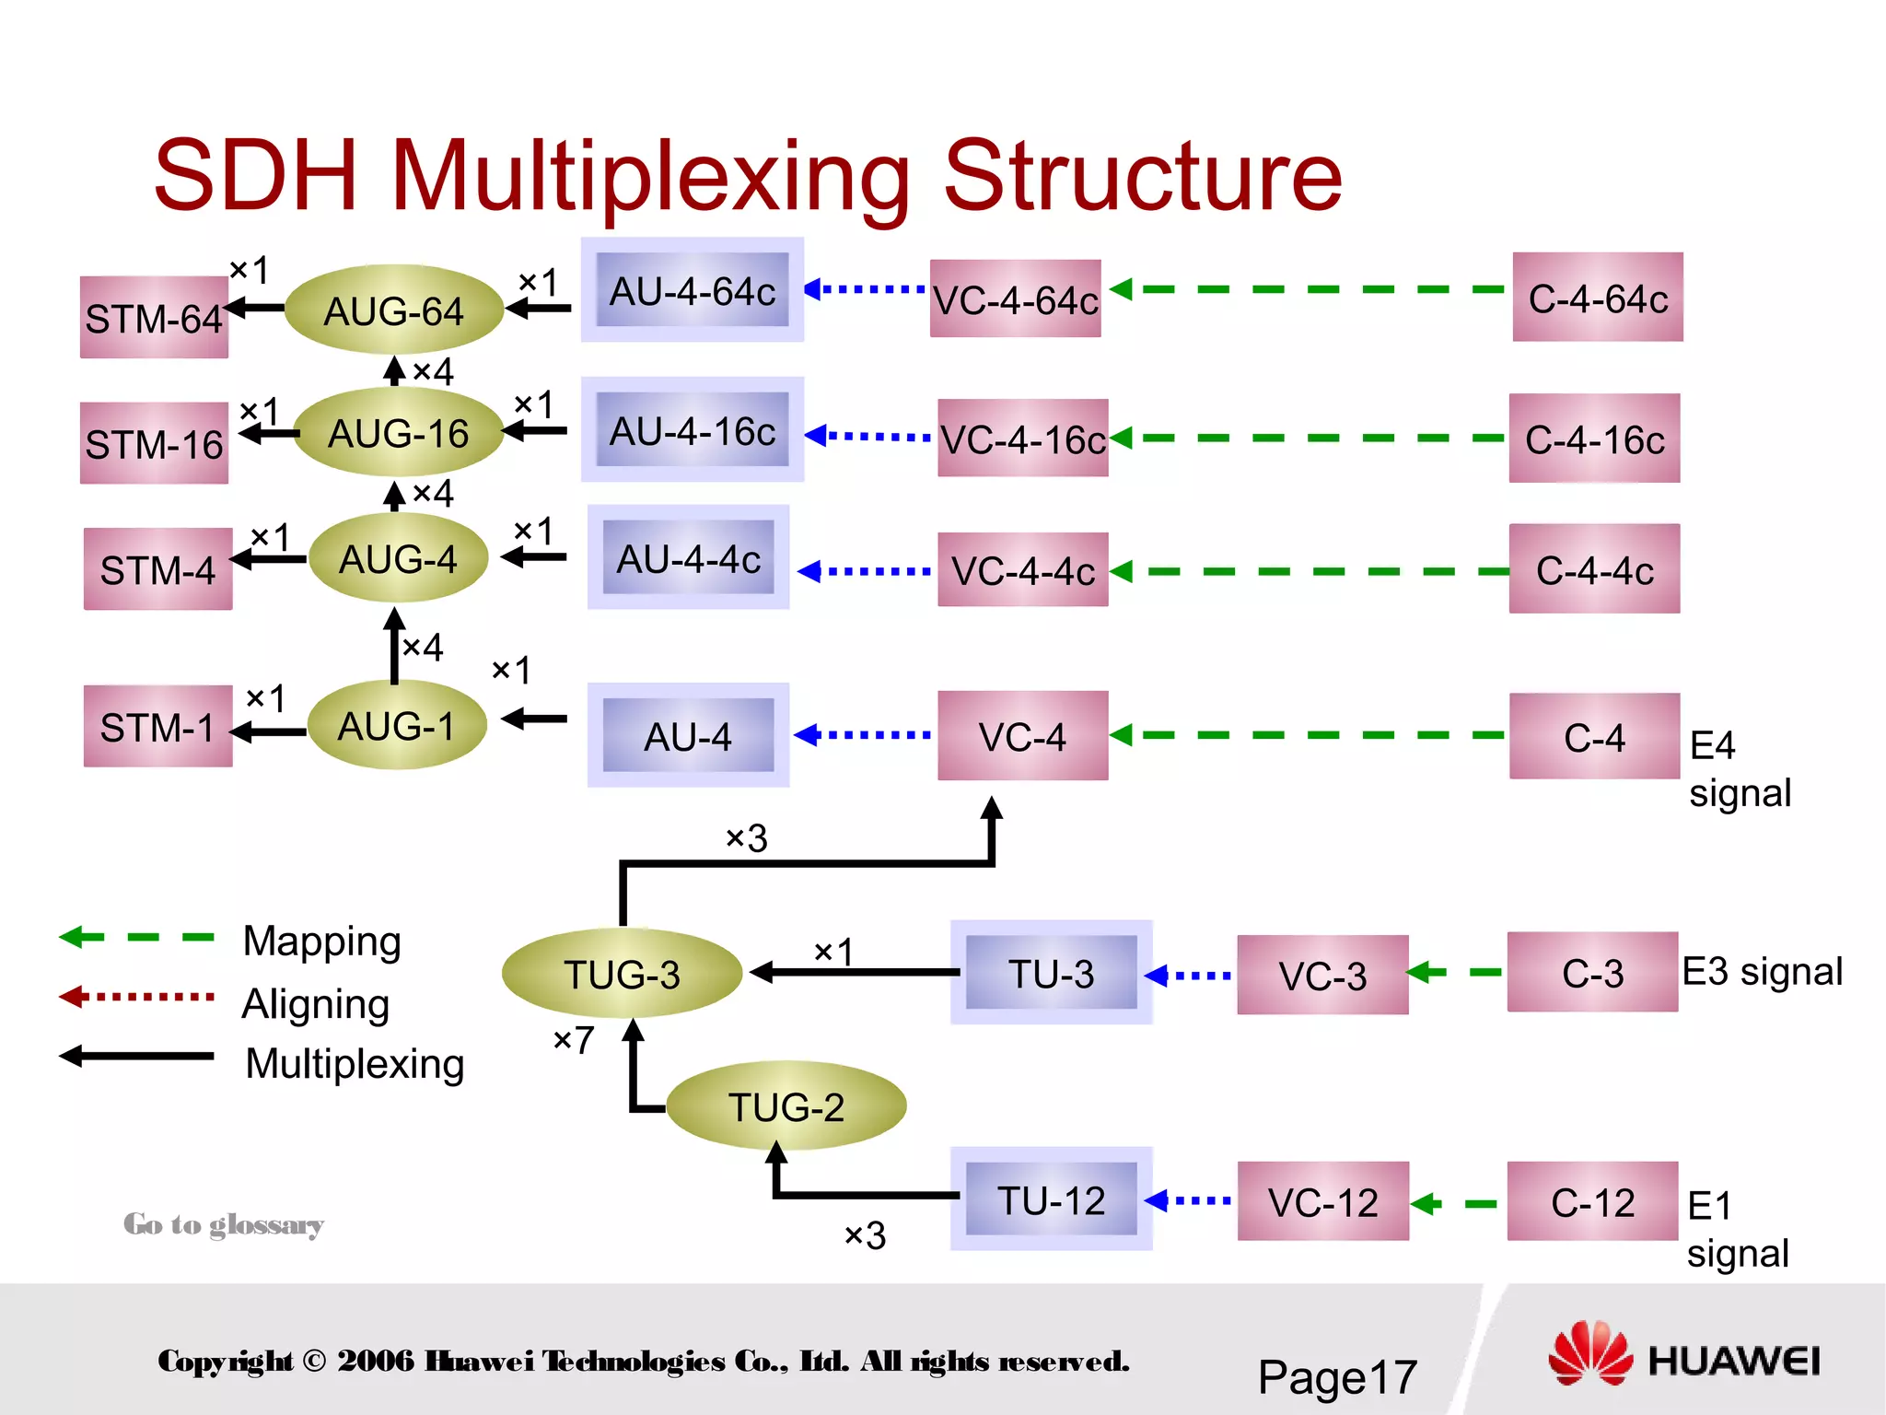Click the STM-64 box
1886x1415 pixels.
pyautogui.click(x=154, y=318)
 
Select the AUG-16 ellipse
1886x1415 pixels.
pyautogui.click(x=398, y=433)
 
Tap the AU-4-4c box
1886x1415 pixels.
pyautogui.click(x=688, y=558)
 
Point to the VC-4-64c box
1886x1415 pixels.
pyautogui.click(x=1015, y=299)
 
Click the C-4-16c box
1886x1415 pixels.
pyautogui.click(x=1594, y=439)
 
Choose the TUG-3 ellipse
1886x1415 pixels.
pyautogui.click(x=622, y=974)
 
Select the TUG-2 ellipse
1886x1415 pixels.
pyautogui.click(x=786, y=1105)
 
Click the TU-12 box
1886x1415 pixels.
pyautogui.click(x=1051, y=1199)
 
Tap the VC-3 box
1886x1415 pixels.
pyautogui.click(x=1322, y=975)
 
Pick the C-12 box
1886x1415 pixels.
pyautogui.click(x=1592, y=1201)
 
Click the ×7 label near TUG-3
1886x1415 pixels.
pyautogui.click(x=573, y=1040)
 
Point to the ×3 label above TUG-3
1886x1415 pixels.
pyautogui.click(x=746, y=838)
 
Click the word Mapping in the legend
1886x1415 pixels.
pyautogui.click(x=321, y=941)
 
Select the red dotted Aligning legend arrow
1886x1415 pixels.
pyautogui.click(x=136, y=997)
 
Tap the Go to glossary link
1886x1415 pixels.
pyautogui.click(x=224, y=1224)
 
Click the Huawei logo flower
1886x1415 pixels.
pyautogui.click(x=1590, y=1353)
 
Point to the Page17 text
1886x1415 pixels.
pyautogui.click(x=1337, y=1377)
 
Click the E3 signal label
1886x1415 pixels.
pyautogui.click(x=1762, y=971)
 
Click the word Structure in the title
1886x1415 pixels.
pyautogui.click(x=1142, y=175)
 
